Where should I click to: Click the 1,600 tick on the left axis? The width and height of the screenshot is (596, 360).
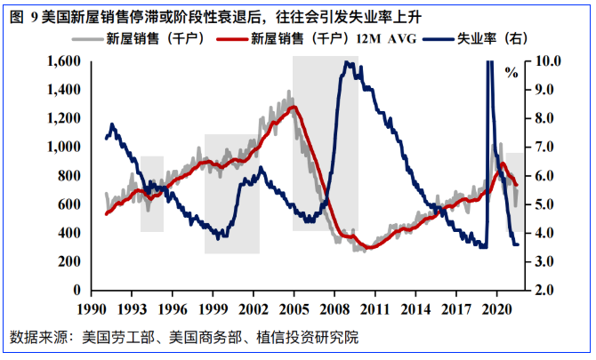coord(65,61)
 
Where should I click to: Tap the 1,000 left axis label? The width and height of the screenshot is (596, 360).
coord(65,147)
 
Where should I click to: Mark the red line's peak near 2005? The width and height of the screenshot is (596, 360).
coord(294,108)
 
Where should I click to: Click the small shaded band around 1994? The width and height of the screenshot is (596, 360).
coord(152,194)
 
